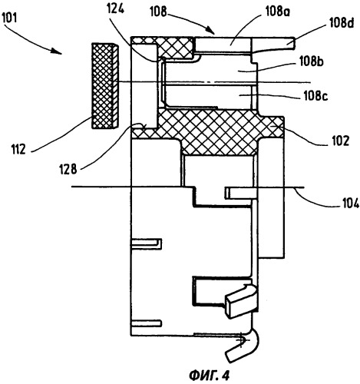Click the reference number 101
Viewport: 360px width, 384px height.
pyautogui.click(x=9, y=18)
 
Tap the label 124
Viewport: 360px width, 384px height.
pyautogui.click(x=115, y=9)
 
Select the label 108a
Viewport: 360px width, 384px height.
pyautogui.click(x=277, y=12)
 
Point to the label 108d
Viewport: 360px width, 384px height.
pyautogui.click(x=341, y=23)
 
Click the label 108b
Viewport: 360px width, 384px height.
pyautogui.click(x=311, y=61)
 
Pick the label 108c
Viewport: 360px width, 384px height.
pyautogui.click(x=315, y=96)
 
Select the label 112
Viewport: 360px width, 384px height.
pyautogui.click(x=18, y=149)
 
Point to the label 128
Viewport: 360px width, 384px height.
pyautogui.click(x=68, y=169)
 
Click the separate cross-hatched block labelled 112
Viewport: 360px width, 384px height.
pyautogui.click(x=105, y=86)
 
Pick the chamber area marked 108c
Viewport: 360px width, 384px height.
pyautogui.click(x=209, y=95)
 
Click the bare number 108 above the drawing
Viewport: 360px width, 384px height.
pyautogui.click(x=158, y=12)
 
